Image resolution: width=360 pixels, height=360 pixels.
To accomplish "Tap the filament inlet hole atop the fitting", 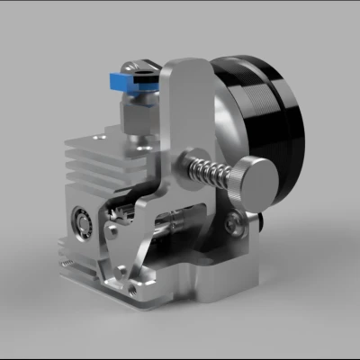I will tap(143, 64).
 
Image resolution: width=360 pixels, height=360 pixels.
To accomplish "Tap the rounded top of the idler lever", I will tap(184, 72).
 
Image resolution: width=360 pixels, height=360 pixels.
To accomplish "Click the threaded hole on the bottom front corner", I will tap(136, 290).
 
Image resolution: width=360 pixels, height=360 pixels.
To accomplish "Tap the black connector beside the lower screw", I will tap(256, 220).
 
